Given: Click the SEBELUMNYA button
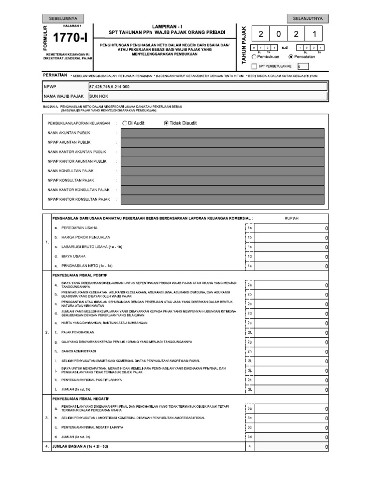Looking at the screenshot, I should pos(63,18).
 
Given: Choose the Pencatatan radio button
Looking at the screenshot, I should pos(291,56).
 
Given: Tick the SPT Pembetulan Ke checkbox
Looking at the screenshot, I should pos(255,67).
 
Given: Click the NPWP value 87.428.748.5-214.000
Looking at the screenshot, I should pos(110,86).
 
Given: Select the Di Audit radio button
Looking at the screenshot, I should pos(125,123).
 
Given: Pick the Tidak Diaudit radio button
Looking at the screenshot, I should pos(167,123).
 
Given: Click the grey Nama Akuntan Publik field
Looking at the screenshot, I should pos(221,133).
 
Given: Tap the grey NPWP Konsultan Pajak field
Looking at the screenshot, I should pos(221,180).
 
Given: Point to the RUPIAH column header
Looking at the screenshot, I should pos(292,218).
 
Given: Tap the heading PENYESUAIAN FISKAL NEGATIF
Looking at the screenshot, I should pos(81,399).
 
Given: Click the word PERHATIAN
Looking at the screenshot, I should pos(55,76).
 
